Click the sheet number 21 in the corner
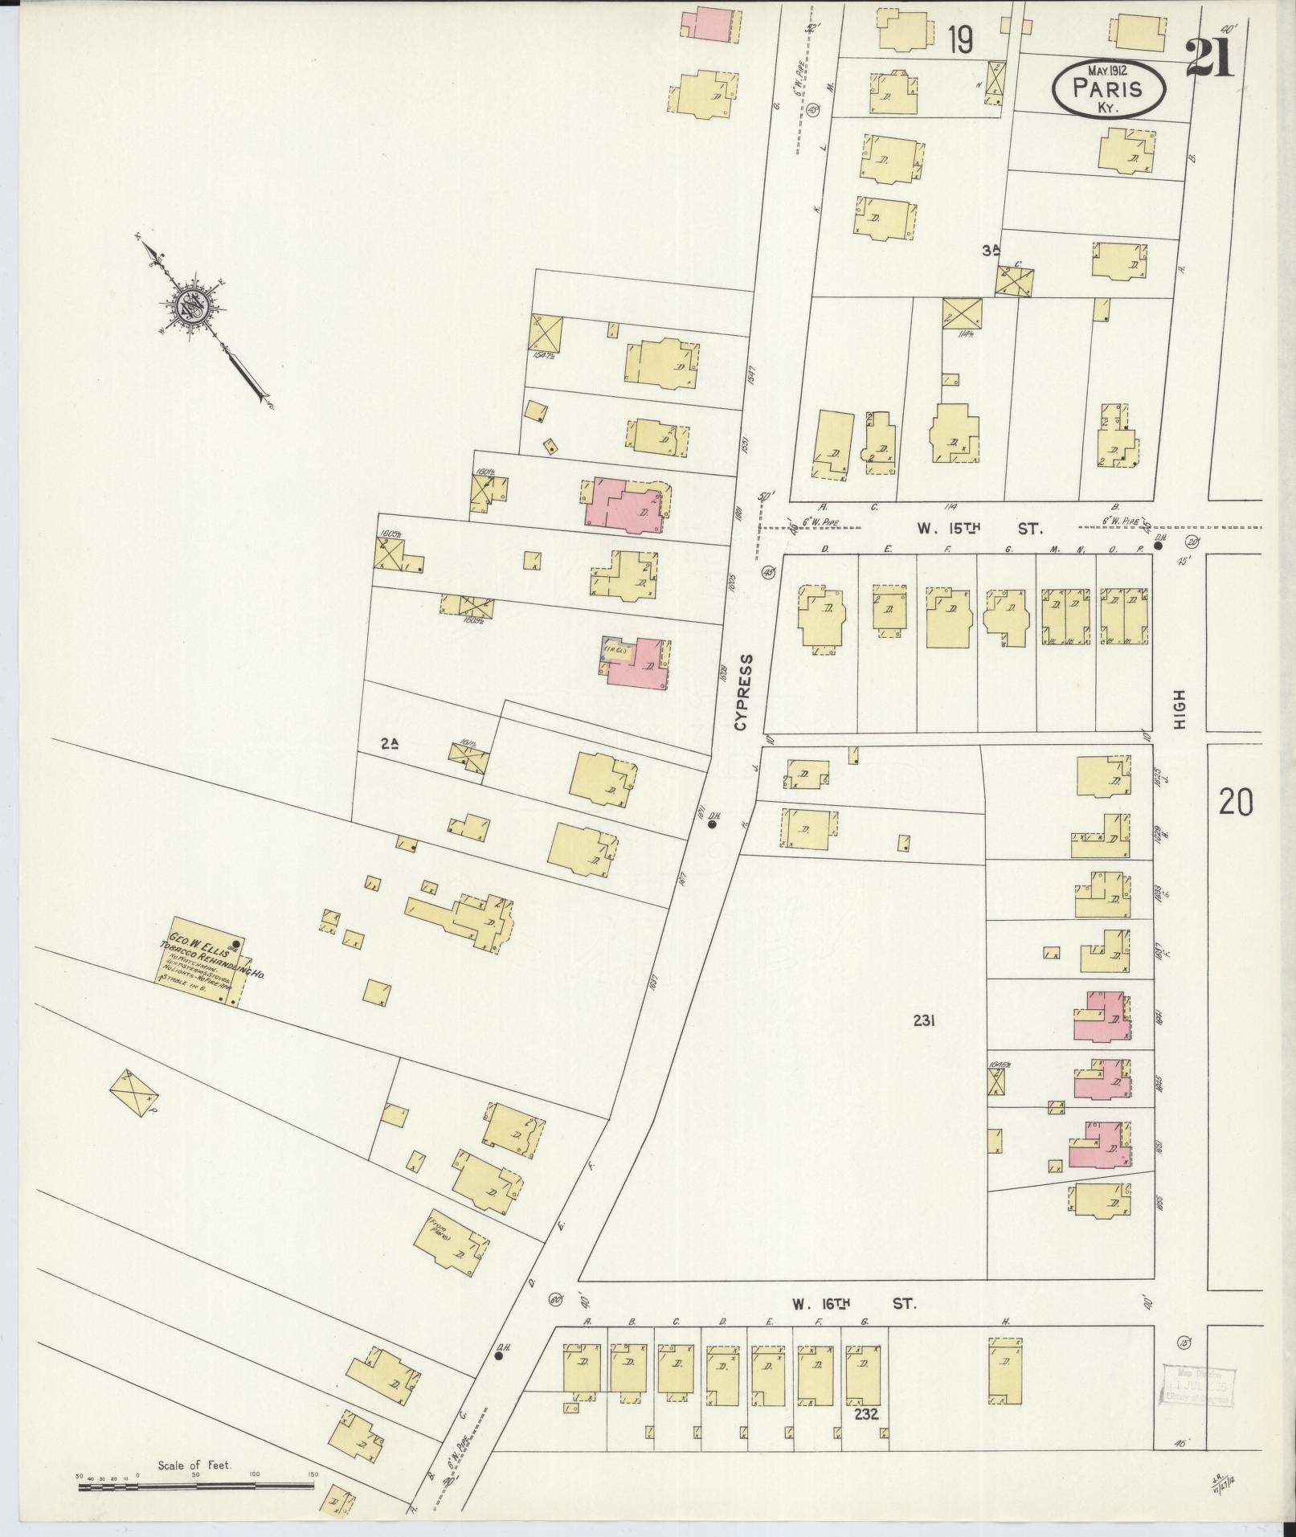[x=1208, y=59]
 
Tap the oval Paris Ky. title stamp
[x=1108, y=90]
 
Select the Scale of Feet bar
[x=196, y=1486]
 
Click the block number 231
[x=924, y=1021]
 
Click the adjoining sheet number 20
[x=1235, y=802]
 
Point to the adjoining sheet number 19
[x=961, y=39]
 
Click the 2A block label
[x=390, y=744]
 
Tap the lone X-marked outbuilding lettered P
[x=134, y=1093]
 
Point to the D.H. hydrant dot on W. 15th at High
[x=1158, y=546]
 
